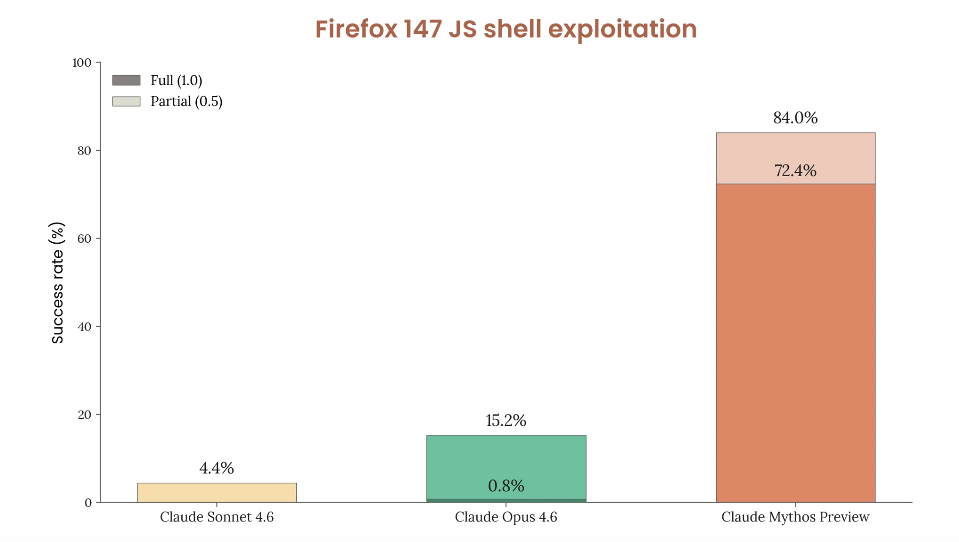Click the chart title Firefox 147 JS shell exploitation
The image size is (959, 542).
(x=506, y=29)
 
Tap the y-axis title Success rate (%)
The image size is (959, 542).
(x=57, y=283)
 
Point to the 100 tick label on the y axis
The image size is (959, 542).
(x=82, y=63)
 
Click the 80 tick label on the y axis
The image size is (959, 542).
(x=84, y=151)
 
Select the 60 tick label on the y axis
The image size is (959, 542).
(x=84, y=239)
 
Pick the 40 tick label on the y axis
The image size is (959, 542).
(x=84, y=327)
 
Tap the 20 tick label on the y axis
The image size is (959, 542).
(x=84, y=415)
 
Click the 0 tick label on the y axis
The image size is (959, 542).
(x=88, y=503)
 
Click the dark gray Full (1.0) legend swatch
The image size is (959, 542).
(x=126, y=80)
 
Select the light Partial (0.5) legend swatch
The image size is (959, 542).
(x=126, y=101)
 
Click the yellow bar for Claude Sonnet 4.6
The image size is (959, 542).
(x=217, y=493)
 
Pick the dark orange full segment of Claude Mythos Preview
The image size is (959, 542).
(x=795, y=343)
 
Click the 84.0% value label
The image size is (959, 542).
(x=795, y=118)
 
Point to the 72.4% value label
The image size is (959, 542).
(x=795, y=171)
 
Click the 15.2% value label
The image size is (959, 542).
(x=506, y=421)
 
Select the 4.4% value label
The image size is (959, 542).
(x=217, y=468)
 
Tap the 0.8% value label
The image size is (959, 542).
(x=506, y=486)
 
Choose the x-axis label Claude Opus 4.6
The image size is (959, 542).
(x=506, y=517)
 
